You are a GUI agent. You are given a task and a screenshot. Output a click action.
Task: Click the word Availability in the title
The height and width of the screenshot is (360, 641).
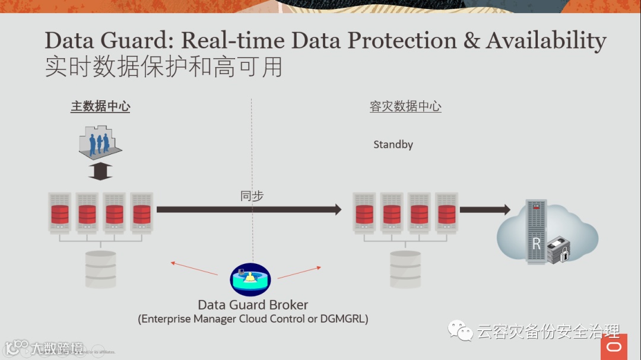pyautogui.click(x=546, y=41)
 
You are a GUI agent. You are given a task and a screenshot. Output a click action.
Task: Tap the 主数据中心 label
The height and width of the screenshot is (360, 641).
pyautogui.click(x=100, y=107)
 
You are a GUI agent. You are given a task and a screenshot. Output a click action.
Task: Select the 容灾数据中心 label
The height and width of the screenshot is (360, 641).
pyautogui.click(x=405, y=107)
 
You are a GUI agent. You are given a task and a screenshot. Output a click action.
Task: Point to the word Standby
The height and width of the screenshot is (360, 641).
pyautogui.click(x=393, y=144)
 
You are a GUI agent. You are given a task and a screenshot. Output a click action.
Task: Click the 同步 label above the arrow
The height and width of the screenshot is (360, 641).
pyautogui.click(x=252, y=196)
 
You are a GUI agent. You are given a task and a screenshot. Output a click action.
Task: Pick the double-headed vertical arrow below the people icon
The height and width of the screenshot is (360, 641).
pyautogui.click(x=100, y=171)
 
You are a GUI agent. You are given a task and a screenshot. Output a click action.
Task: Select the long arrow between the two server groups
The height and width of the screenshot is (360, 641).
pyautogui.click(x=249, y=209)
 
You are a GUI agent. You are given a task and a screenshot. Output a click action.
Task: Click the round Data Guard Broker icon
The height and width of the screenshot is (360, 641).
pyautogui.click(x=250, y=279)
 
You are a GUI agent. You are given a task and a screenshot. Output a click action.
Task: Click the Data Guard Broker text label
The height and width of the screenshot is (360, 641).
pyautogui.click(x=253, y=305)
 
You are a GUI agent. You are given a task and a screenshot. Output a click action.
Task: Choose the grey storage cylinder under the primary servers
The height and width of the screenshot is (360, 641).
pyautogui.click(x=101, y=269)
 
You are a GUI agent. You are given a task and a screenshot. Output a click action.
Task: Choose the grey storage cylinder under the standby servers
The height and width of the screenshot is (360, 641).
pyautogui.click(x=405, y=269)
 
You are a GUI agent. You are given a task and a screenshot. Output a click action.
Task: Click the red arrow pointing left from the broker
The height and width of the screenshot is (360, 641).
pyautogui.click(x=193, y=268)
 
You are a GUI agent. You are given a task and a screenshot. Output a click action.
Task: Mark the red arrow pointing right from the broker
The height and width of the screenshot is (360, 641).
pyautogui.click(x=299, y=272)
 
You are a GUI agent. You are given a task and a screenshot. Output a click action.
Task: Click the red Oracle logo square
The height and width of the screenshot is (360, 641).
pyautogui.click(x=614, y=346)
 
